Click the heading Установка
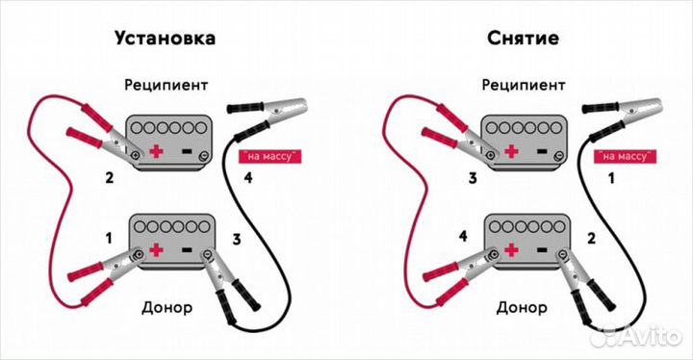[x=165, y=39]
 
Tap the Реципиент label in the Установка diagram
[x=166, y=85]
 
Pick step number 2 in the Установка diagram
[x=110, y=178]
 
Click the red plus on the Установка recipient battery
[x=156, y=151]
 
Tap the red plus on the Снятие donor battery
[x=511, y=251]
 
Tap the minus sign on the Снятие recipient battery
[x=542, y=151]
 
